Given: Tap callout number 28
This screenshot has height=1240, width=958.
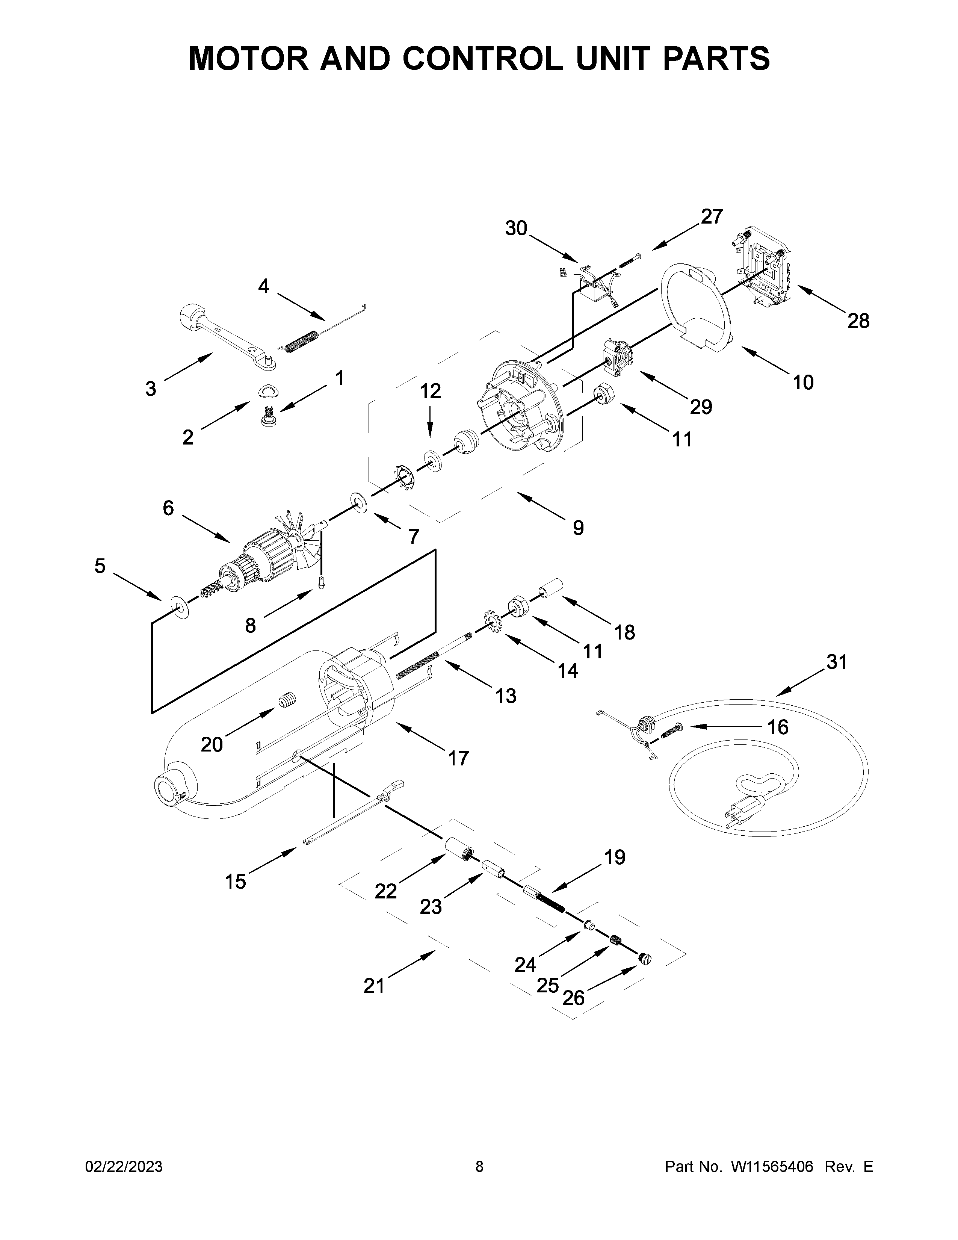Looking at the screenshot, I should tap(858, 321).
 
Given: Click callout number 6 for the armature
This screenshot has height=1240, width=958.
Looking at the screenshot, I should tap(168, 508).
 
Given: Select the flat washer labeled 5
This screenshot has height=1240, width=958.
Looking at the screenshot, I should tap(180, 608).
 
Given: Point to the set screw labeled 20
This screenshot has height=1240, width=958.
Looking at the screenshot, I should tap(287, 702).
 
